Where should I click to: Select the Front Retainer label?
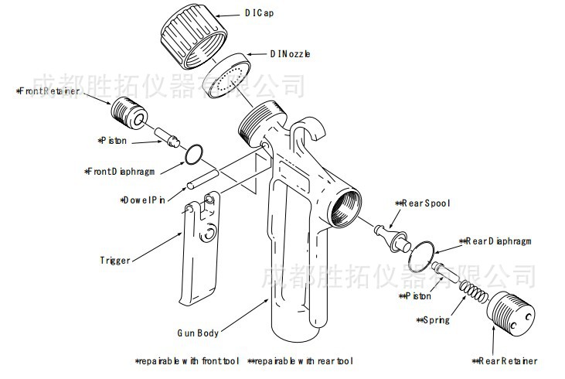(x=48, y=91)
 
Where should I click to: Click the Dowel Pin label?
(x=144, y=200)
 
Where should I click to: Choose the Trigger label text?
(x=115, y=260)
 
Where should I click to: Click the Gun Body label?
(x=197, y=333)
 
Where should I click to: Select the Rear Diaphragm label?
(x=498, y=241)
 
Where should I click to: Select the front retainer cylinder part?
(x=130, y=113)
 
